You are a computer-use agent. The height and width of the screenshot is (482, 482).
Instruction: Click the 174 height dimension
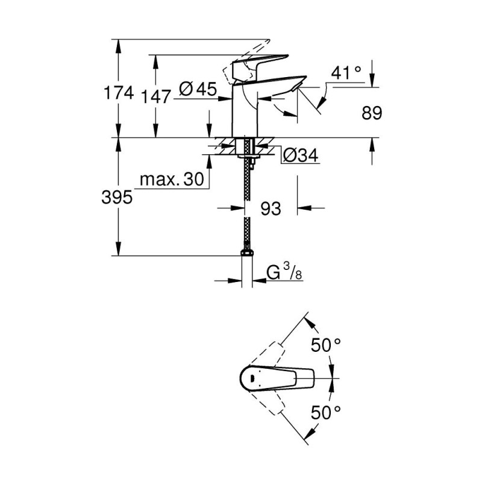pyautogui.click(x=119, y=93)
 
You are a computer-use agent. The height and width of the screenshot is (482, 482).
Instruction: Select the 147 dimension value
pyautogui.click(x=155, y=97)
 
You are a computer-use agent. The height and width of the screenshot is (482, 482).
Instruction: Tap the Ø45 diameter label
pyautogui.click(x=198, y=89)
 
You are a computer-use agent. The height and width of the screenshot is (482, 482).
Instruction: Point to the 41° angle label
pyautogui.click(x=346, y=73)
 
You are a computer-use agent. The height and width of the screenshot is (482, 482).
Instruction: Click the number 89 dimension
pyautogui.click(x=372, y=113)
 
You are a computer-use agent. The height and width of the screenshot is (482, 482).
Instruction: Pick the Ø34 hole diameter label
pyautogui.click(x=300, y=155)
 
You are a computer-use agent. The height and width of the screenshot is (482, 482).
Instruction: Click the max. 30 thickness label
pyautogui.click(x=172, y=179)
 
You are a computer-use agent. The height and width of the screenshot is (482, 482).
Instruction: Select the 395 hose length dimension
pyautogui.click(x=117, y=197)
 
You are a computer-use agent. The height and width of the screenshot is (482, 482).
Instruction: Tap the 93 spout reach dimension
pyautogui.click(x=271, y=208)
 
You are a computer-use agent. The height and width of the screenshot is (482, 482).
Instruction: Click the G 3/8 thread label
pyautogui.click(x=284, y=272)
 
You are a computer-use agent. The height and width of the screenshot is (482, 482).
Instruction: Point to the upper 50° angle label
pyautogui.click(x=325, y=345)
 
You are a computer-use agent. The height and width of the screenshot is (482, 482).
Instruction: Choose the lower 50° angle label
pyautogui.click(x=325, y=413)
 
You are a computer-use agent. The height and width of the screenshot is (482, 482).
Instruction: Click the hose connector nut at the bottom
pyautogui.click(x=247, y=252)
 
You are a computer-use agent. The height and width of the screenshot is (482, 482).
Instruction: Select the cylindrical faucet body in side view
pyautogui.click(x=245, y=111)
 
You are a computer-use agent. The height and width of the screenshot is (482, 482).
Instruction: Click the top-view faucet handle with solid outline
pyautogui.click(x=277, y=378)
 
